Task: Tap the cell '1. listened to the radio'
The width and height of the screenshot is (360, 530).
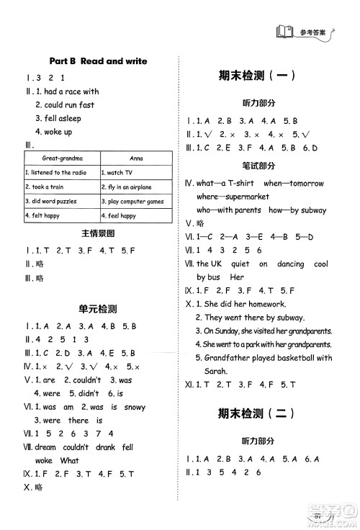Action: pyautogui.click(x=58, y=173)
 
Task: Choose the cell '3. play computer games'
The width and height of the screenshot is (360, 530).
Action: pyautogui.click(x=135, y=202)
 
